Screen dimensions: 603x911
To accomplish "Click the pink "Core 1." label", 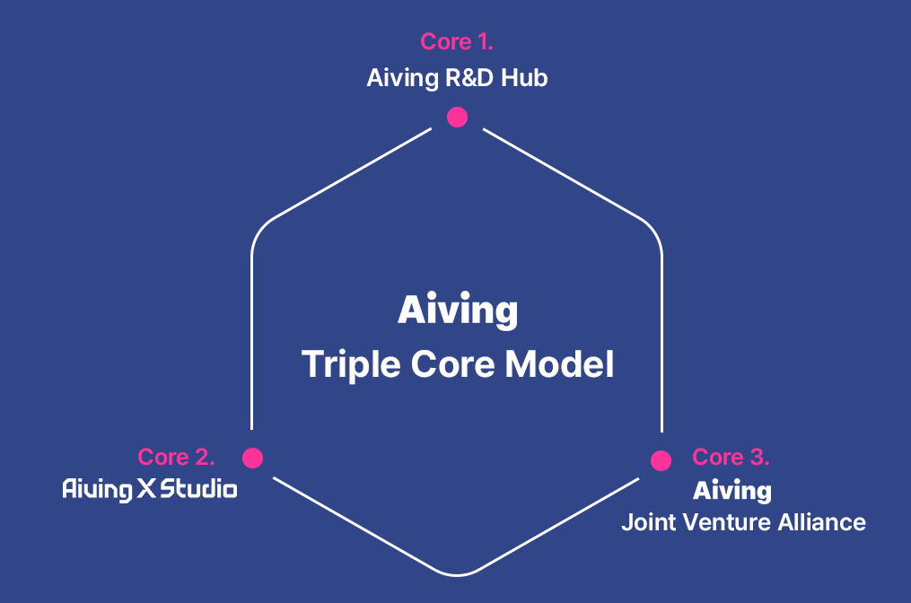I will [457, 41].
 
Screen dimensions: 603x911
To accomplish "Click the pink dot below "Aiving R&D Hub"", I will [457, 117].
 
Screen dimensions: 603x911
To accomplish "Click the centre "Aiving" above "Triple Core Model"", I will [457, 311].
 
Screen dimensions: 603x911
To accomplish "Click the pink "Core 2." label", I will [176, 457].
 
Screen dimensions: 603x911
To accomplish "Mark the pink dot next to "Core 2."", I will [252, 458].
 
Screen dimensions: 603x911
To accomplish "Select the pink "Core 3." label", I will [731, 457].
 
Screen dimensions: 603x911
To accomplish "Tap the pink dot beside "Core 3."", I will [661, 460].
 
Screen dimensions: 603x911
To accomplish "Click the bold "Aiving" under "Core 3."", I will [731, 491].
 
